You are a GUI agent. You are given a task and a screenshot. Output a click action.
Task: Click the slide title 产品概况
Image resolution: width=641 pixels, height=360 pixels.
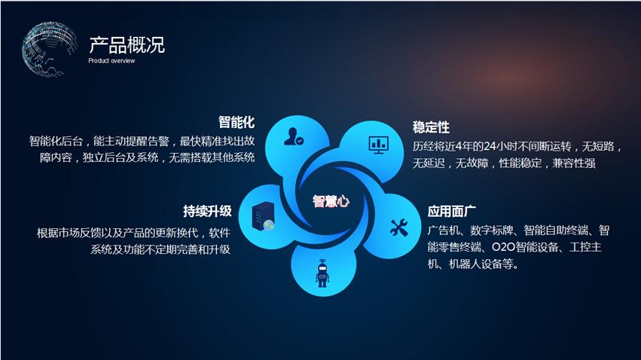[127, 45]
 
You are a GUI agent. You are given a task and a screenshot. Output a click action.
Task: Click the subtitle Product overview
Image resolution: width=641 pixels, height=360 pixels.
[111, 61]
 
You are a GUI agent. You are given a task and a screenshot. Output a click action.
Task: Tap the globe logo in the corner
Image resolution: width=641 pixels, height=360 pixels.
[49, 49]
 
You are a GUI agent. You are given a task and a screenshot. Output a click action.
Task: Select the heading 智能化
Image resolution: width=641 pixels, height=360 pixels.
[237, 122]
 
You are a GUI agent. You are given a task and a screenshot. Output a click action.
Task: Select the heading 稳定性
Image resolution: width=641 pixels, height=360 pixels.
[431, 127]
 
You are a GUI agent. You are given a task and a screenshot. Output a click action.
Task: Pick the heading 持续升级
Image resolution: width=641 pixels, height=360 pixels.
[207, 212]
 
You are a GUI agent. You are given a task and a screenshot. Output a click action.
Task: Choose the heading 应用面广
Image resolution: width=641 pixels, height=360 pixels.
[452, 212]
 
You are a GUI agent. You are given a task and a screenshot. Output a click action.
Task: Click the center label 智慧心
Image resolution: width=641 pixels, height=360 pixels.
[331, 201]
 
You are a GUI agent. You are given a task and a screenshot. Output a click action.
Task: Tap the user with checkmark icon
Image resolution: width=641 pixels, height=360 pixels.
[294, 137]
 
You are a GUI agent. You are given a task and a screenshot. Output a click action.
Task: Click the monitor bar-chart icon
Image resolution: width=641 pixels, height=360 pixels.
[379, 145]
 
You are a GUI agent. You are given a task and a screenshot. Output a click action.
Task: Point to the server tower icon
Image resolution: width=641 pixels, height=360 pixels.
[264, 217]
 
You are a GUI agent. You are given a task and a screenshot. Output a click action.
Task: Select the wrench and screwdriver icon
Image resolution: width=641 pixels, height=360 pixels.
[399, 227]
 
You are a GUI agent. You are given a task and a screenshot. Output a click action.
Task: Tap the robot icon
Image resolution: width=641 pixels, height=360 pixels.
[322, 273]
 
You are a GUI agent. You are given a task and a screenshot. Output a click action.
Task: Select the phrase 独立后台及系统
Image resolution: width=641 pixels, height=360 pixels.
[121, 157]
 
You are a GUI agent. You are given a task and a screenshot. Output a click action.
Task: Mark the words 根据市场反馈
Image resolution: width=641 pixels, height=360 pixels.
[69, 233]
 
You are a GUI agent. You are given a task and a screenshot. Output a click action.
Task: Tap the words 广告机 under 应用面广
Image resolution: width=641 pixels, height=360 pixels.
[444, 230]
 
